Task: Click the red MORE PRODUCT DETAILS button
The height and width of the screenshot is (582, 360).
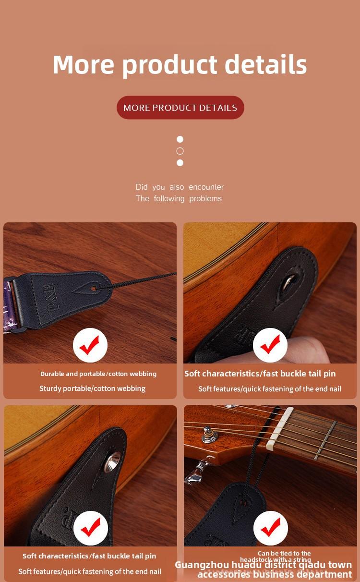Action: click(180, 108)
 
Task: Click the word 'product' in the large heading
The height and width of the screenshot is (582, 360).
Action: click(169, 65)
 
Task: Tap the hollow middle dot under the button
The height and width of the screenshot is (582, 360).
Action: click(180, 151)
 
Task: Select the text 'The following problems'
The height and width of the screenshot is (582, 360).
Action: click(179, 198)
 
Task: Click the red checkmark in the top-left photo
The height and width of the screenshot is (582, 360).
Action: click(90, 345)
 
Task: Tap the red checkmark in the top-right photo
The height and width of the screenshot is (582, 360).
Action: click(270, 345)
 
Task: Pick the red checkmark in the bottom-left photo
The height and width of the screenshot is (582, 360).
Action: click(90, 528)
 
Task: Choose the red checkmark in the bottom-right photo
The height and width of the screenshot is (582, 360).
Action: click(270, 528)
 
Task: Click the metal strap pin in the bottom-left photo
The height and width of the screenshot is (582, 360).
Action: click(113, 462)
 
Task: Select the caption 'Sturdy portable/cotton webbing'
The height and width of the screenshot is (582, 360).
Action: click(92, 388)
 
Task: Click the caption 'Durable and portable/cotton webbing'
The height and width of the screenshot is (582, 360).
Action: click(98, 374)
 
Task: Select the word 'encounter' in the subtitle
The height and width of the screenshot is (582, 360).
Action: click(206, 187)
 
